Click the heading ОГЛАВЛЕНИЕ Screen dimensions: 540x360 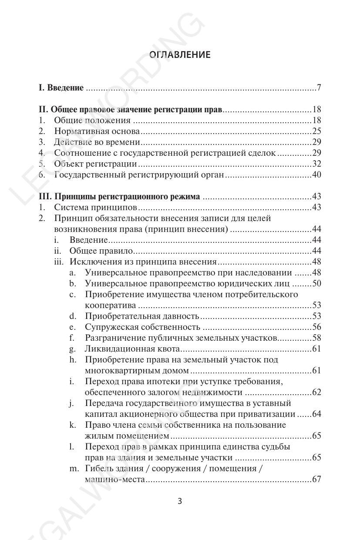tap(180, 54)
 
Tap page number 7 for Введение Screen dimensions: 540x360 tap(319, 88)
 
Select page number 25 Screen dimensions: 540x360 tap(316, 131)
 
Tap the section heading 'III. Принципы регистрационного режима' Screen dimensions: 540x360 tap(119, 197)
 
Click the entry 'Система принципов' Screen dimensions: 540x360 tap(96, 208)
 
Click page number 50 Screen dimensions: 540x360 tap(316, 284)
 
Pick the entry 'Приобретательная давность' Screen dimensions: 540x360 tap(142, 316)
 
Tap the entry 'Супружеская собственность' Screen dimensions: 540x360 tap(142, 327)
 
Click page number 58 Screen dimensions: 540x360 tap(316, 338)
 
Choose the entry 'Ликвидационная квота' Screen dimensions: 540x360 tap(132, 349)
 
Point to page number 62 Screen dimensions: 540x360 tap(316, 392)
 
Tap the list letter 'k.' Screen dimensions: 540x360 tap(73, 425)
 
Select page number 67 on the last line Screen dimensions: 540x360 tap(316, 480)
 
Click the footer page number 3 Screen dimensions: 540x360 tap(180, 501)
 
